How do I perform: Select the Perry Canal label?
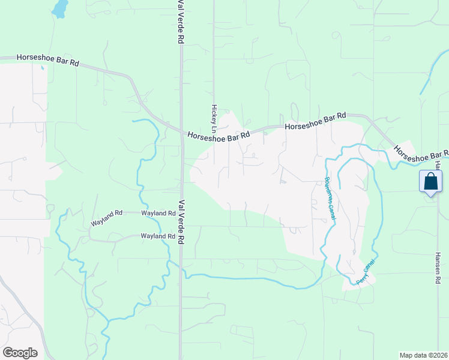(365, 272)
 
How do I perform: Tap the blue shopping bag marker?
(431, 182)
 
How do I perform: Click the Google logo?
(20, 353)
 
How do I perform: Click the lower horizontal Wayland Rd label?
(158, 236)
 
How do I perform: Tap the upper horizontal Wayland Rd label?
(158, 213)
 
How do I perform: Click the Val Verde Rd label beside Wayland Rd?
(181, 221)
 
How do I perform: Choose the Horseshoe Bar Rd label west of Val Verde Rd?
(48, 59)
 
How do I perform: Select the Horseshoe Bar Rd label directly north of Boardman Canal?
(316, 121)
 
